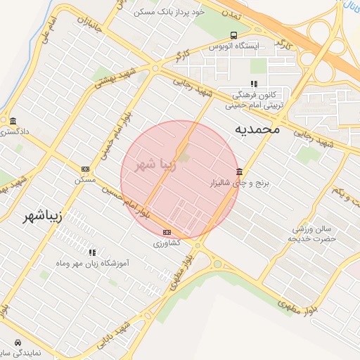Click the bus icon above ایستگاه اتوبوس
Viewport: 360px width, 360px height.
point(233,35)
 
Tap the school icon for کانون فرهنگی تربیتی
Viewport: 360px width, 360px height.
point(244,84)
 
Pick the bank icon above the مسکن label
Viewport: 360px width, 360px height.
point(86,169)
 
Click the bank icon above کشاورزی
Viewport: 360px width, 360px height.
point(167,232)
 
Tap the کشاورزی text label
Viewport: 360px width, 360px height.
point(167,242)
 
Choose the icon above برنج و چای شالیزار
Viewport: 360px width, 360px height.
point(240,172)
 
